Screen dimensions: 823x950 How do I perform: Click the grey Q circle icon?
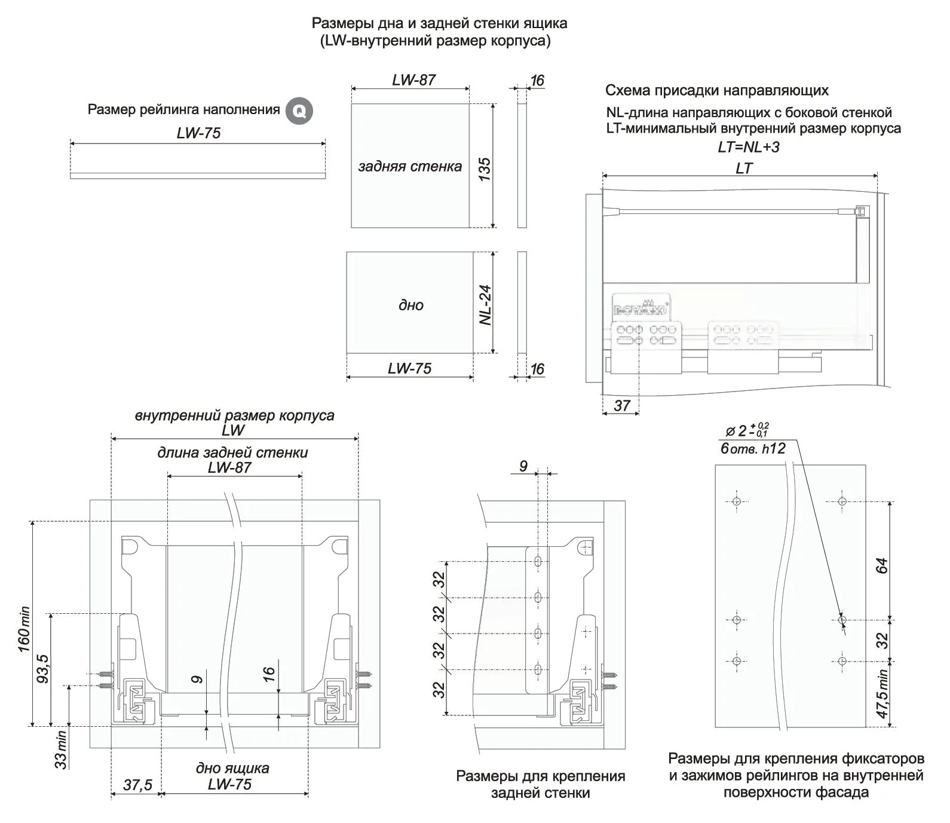click(x=298, y=111)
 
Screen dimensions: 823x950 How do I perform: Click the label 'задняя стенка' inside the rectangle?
click(x=410, y=166)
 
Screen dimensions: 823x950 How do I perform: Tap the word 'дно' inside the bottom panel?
click(x=410, y=305)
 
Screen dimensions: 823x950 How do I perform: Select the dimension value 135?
click(x=485, y=170)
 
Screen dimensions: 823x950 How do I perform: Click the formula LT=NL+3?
click(x=748, y=147)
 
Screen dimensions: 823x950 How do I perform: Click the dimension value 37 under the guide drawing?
click(x=622, y=406)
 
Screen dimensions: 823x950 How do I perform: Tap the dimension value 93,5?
click(x=43, y=669)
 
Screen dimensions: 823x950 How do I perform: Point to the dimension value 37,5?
click(x=137, y=785)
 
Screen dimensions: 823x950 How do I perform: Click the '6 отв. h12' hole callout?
click(x=752, y=448)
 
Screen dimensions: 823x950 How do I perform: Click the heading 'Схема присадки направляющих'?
click(x=716, y=91)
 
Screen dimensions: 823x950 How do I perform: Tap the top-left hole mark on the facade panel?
click(x=736, y=501)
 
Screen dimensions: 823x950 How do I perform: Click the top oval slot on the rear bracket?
click(x=538, y=561)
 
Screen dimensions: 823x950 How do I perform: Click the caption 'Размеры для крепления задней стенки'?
click(x=540, y=784)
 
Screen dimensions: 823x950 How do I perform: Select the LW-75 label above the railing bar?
click(x=198, y=133)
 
